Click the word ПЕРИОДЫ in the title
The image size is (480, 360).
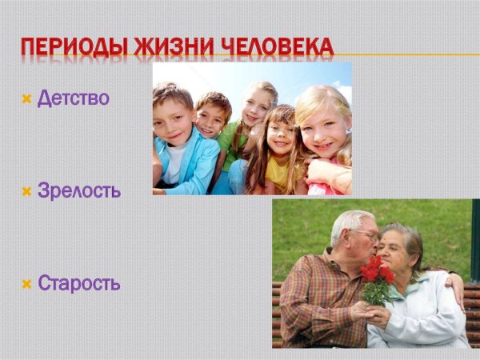74,47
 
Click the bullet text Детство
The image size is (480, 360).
73,98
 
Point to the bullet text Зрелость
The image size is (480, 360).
79,190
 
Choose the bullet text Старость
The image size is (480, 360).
79,283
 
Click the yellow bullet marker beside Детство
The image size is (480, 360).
26,99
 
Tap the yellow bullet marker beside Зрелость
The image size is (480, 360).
26,192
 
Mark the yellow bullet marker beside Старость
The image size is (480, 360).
26,284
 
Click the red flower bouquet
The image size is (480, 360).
376,280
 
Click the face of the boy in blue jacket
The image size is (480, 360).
172,122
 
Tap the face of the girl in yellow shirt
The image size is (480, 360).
281,135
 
